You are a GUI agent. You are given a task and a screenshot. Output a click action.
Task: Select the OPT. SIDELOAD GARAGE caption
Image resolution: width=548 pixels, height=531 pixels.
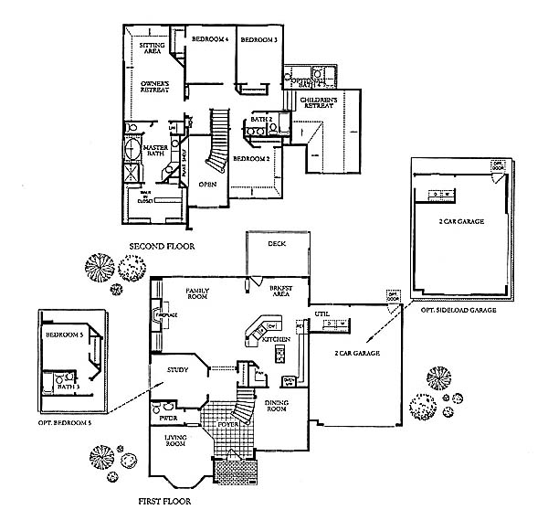[458, 311]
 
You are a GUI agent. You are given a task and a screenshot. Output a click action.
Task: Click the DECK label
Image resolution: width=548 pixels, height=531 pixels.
[278, 244]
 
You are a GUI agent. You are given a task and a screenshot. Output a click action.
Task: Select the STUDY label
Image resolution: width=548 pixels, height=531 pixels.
[177, 369]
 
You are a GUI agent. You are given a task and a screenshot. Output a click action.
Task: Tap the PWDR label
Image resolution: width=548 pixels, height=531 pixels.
[168, 418]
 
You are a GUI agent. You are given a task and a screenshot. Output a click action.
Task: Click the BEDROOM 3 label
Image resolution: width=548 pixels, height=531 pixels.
[258, 39]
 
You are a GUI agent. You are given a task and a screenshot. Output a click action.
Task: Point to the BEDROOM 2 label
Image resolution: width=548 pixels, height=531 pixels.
[249, 158]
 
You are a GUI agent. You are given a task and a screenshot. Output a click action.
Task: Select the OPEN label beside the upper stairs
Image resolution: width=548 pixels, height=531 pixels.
[207, 185]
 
